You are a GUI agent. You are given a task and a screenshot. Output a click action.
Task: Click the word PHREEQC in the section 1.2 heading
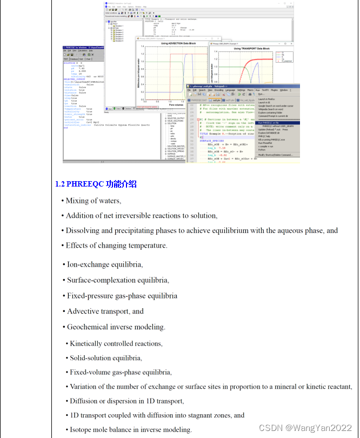click(x=85, y=184)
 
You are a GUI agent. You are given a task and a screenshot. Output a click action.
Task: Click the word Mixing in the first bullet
click(x=77, y=201)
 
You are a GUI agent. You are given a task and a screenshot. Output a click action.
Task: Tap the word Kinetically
click(x=90, y=343)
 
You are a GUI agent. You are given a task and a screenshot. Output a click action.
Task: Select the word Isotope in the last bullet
click(x=81, y=430)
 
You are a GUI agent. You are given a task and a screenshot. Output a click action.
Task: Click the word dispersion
click(x=119, y=401)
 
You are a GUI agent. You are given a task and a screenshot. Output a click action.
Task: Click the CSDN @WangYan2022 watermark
click(x=305, y=428)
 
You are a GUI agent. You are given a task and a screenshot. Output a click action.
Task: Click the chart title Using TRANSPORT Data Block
click(x=252, y=49)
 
